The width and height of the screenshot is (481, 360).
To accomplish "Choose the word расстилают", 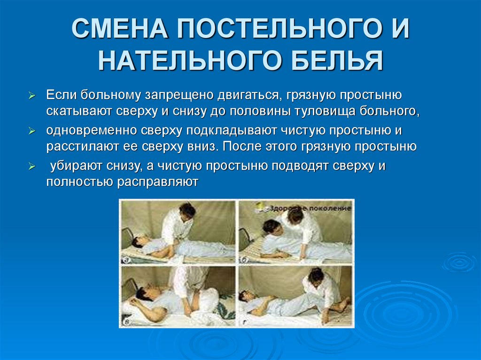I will tap(79, 146).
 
